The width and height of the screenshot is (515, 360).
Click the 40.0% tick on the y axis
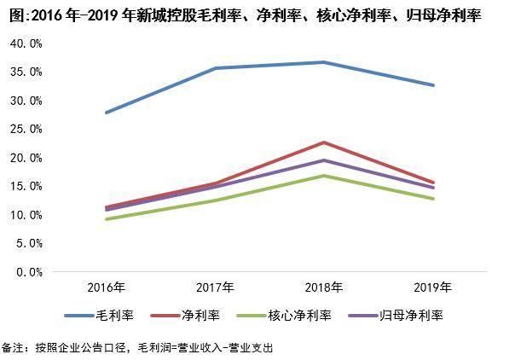click(27, 44)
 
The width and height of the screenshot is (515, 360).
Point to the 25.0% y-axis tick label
click(27, 130)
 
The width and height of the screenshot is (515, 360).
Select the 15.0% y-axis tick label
click(27, 187)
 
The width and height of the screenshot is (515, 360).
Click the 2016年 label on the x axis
click(107, 287)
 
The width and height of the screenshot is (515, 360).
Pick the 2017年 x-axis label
click(216, 287)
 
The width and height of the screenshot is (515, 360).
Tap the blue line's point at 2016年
click(107, 113)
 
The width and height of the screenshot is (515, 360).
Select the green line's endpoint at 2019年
click(434, 199)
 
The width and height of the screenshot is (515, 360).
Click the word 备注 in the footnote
click(12, 348)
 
